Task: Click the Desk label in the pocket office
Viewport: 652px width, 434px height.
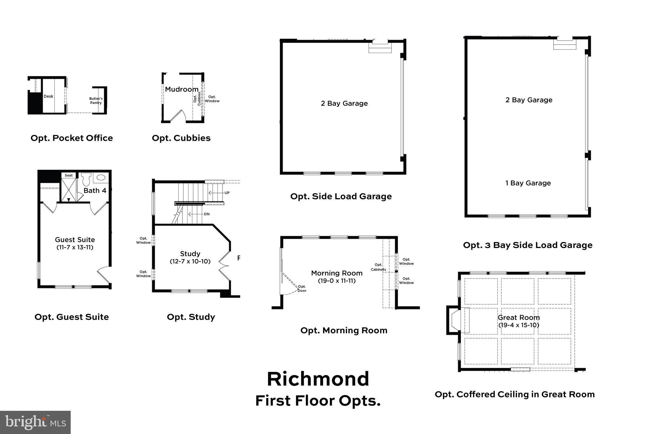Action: point(48,96)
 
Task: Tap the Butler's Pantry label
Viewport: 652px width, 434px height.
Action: point(96,100)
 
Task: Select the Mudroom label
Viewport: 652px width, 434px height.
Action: point(181,89)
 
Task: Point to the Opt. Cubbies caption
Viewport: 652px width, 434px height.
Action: point(181,138)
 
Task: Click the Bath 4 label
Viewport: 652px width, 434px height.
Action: point(95,190)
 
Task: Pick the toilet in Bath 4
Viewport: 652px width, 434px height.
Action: point(86,180)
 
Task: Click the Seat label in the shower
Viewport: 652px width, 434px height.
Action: point(69,175)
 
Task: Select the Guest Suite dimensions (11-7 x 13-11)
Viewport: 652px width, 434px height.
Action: point(75,247)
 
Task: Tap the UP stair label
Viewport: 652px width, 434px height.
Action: point(227,193)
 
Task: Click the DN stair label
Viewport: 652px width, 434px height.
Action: point(207,214)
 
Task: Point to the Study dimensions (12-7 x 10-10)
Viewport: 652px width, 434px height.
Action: point(190,261)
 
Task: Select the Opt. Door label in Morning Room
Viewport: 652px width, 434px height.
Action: point(302,289)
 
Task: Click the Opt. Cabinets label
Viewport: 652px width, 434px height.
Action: point(378,267)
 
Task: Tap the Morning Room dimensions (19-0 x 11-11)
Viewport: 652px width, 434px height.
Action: point(337,281)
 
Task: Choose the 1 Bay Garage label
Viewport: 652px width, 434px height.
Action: point(528,183)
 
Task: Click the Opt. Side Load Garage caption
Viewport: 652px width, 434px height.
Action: point(341,196)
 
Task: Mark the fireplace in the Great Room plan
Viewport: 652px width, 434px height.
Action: point(458,320)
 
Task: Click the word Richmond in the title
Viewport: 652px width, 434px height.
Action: point(318,379)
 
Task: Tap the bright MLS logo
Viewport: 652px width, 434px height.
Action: point(35,422)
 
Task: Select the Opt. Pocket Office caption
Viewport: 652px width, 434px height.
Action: point(72,138)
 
